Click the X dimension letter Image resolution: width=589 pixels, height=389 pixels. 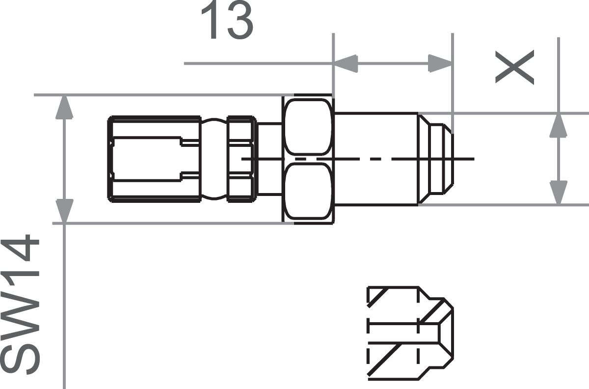[x=514, y=68]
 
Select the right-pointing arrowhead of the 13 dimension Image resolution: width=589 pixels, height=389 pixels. [x=440, y=63]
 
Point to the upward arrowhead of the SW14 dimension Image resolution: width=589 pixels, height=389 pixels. [x=64, y=108]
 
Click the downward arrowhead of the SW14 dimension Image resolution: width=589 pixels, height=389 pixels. [x=64, y=211]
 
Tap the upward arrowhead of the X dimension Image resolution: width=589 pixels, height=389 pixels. [x=558, y=125]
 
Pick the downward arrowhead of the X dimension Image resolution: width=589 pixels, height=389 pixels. [x=558, y=193]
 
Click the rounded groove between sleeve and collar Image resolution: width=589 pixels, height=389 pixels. [x=214, y=158]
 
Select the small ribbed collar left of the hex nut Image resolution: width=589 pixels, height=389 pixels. [x=241, y=158]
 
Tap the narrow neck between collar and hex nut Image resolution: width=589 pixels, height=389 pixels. [x=269, y=158]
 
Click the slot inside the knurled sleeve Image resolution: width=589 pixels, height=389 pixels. [x=147, y=158]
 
